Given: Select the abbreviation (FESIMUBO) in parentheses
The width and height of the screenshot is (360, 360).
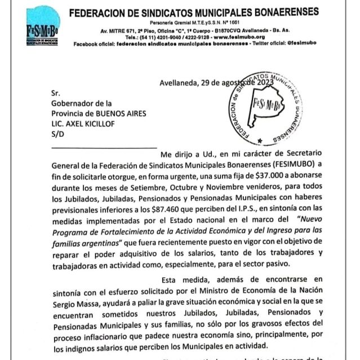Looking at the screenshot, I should (289, 165).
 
